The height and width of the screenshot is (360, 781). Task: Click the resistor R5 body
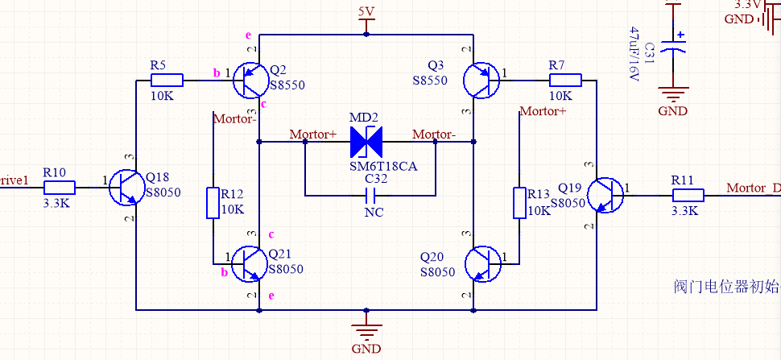tap(167, 80)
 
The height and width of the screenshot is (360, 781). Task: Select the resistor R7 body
tap(565, 80)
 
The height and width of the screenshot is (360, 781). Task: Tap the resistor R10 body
tap(60, 188)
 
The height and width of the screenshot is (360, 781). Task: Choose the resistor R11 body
tap(688, 194)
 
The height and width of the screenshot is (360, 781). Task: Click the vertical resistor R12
tap(213, 203)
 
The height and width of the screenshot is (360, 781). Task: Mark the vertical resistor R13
tap(519, 203)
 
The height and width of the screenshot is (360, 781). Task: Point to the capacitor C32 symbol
tap(370, 195)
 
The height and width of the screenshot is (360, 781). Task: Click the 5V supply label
tap(366, 11)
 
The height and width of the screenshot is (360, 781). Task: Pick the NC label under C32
tap(374, 213)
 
